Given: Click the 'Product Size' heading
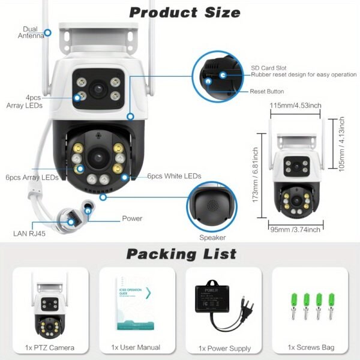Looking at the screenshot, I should (x=185, y=12).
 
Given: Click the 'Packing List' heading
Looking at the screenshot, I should (x=181, y=254).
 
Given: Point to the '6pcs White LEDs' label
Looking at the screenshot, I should (x=174, y=176).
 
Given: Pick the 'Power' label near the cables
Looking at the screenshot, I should (x=132, y=218).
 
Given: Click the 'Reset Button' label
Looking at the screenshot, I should (x=267, y=91).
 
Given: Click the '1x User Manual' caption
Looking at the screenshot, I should (x=136, y=347).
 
